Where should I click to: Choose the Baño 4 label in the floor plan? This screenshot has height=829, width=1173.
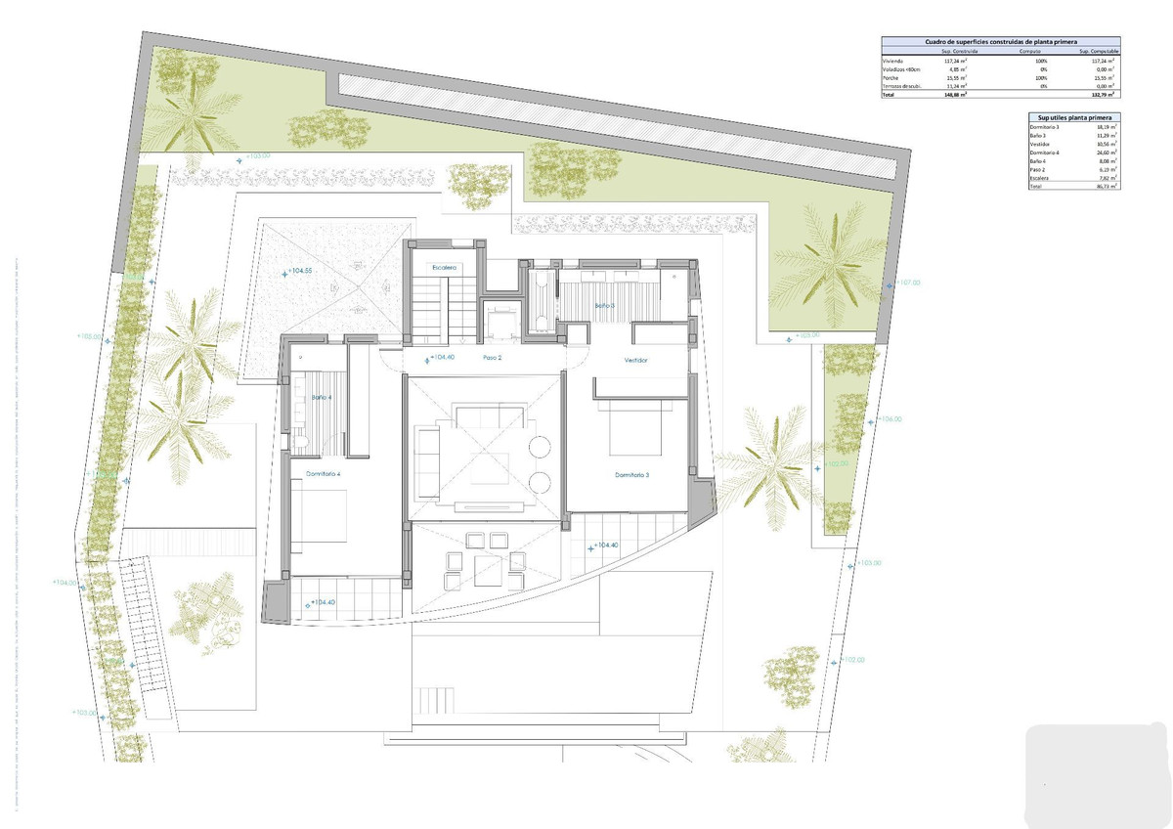pos(322,398)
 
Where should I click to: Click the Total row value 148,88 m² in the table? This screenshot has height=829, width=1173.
pos(956,96)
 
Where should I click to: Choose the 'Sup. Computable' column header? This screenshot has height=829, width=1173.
pos(1099,51)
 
